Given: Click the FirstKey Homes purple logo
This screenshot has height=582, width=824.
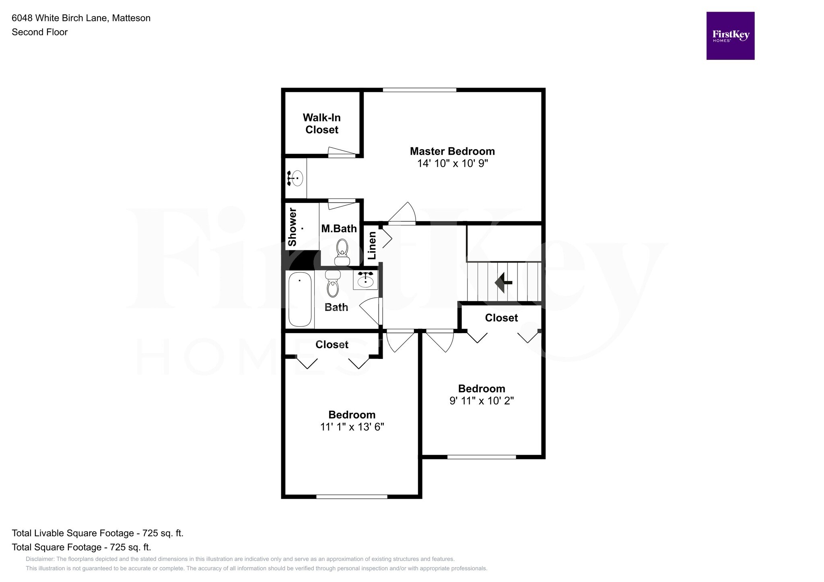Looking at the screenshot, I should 730,36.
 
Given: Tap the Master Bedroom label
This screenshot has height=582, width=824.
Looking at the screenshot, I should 452,151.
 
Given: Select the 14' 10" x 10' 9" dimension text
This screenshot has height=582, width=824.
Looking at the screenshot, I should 452,164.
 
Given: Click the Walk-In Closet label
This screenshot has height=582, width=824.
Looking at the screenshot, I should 321,123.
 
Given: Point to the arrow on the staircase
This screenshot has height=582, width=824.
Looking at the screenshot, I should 502,282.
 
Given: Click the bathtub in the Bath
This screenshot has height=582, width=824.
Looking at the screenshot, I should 300,299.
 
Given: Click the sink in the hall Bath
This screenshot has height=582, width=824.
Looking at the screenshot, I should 366,279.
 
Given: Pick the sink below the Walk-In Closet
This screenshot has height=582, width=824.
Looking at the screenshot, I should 296,178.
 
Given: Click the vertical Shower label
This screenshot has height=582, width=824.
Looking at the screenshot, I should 293,227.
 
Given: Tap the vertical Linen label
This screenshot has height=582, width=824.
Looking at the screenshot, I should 372,245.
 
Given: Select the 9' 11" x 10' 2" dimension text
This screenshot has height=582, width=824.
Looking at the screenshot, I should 482,401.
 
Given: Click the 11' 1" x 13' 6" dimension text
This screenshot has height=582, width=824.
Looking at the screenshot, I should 352,427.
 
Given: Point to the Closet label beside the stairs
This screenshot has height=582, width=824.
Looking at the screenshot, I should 501,318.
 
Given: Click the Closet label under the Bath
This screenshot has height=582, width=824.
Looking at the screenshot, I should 332,344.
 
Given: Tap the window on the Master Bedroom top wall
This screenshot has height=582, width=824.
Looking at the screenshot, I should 419,90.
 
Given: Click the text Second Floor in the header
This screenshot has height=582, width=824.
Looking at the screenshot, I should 39,32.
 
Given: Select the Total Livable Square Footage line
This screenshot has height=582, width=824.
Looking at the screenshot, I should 97,533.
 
